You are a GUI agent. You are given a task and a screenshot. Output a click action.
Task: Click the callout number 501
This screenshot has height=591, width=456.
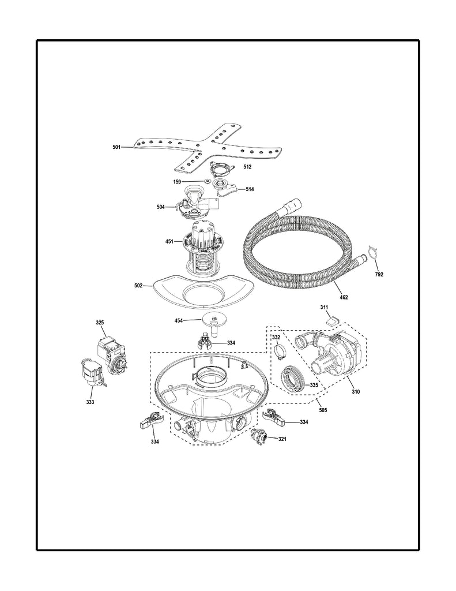116,148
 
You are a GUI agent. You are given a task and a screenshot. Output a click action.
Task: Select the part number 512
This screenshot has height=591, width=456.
247,166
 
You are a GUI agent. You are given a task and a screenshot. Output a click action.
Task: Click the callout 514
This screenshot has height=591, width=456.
249,189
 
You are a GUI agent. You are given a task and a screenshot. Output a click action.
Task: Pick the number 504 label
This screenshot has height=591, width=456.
161,207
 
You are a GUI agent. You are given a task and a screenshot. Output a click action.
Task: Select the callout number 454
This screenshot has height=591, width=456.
179,320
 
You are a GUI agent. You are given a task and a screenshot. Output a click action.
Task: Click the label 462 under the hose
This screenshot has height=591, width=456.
344,297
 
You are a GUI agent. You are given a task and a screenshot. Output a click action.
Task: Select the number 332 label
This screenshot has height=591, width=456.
276,337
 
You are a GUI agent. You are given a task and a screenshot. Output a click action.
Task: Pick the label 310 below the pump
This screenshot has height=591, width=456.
356,392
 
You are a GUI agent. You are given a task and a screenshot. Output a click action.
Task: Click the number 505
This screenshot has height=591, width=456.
323,410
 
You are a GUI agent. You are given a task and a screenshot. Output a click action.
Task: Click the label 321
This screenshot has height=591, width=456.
282,439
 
